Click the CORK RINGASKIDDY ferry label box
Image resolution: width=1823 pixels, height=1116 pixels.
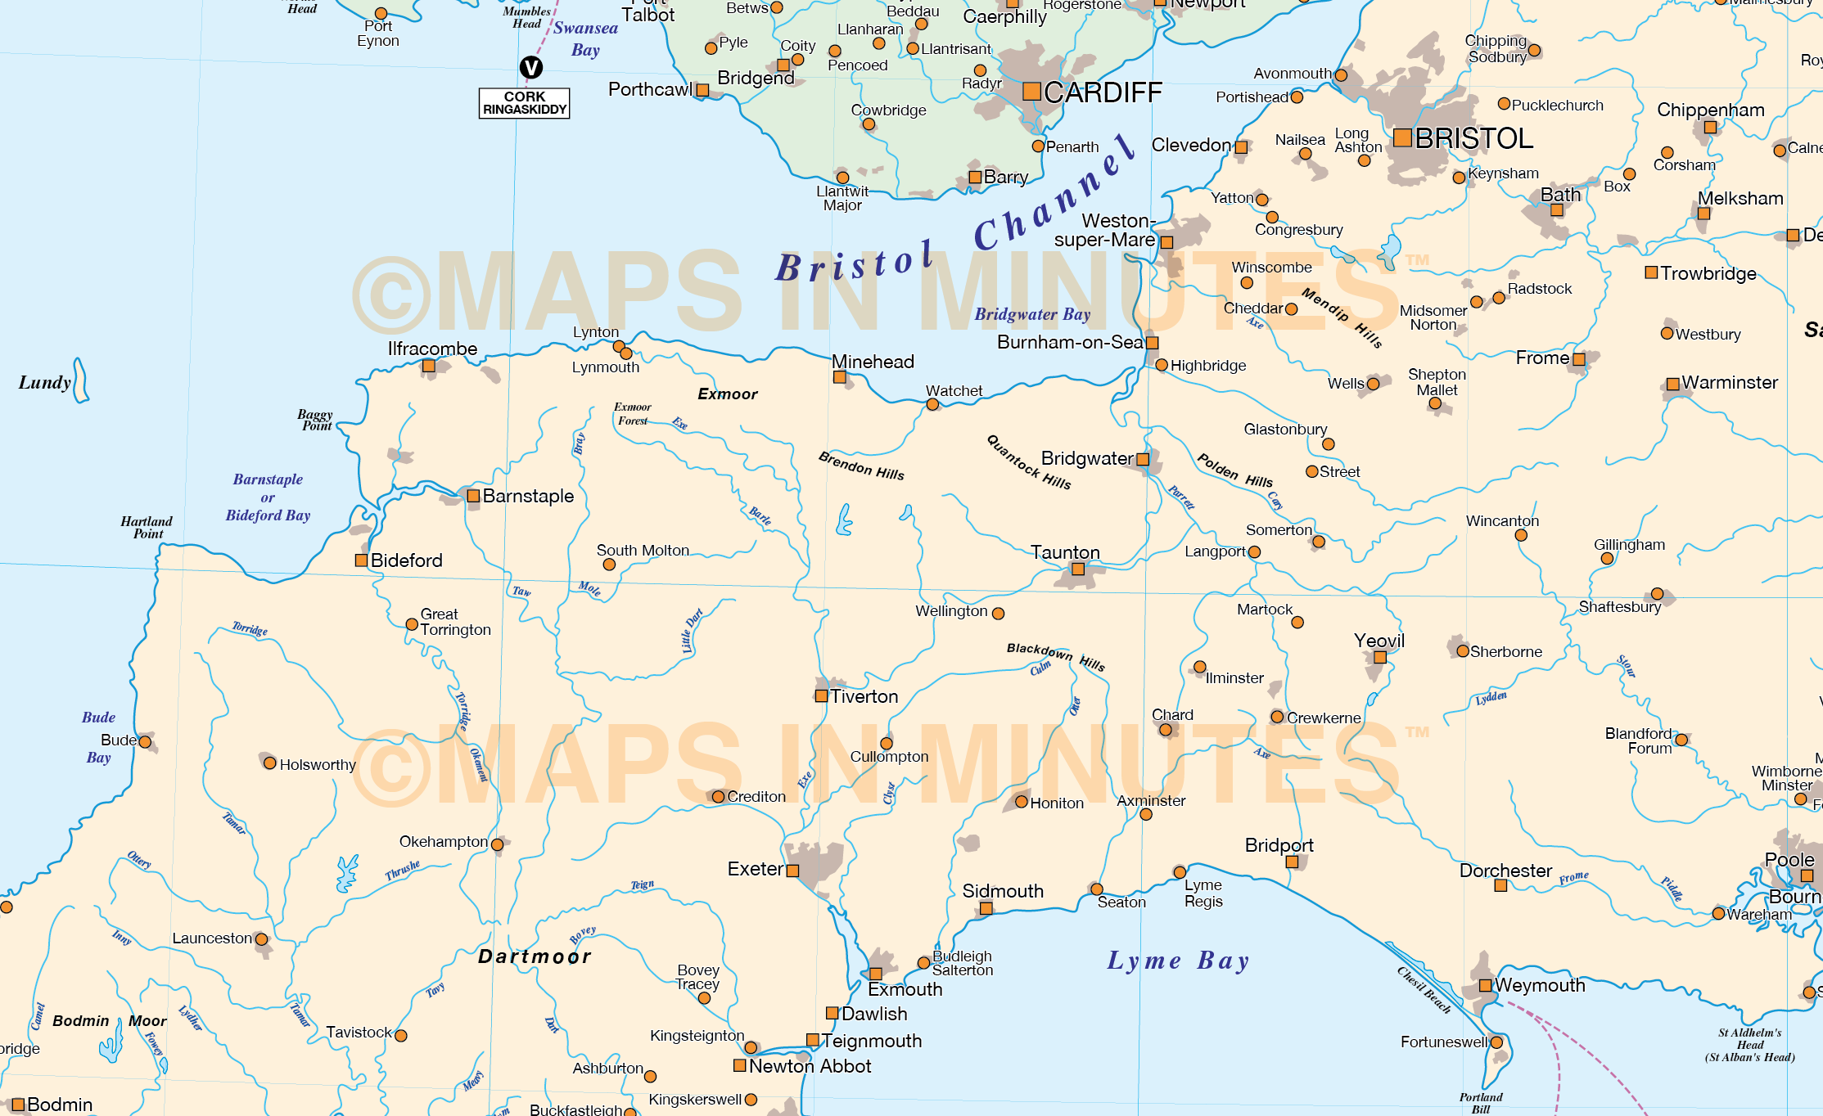pyautogui.click(x=524, y=103)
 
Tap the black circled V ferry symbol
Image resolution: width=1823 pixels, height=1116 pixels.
pyautogui.click(x=531, y=67)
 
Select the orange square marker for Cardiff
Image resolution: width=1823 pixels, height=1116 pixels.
pyautogui.click(x=1031, y=92)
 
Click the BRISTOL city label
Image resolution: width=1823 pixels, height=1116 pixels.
pyautogui.click(x=1473, y=138)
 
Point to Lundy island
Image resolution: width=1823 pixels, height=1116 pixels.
pyautogui.click(x=80, y=381)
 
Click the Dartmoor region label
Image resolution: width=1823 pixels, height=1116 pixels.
pyautogui.click(x=535, y=956)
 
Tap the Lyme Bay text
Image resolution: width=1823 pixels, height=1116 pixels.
pyautogui.click(x=1178, y=961)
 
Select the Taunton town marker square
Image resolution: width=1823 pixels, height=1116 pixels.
pyautogui.click(x=1078, y=569)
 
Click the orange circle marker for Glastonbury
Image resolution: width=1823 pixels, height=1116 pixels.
pyautogui.click(x=1329, y=444)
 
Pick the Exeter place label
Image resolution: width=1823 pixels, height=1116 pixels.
pyautogui.click(x=755, y=869)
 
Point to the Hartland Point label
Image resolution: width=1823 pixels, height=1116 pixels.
pyautogui.click(x=147, y=527)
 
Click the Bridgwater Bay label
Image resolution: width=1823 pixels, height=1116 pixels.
pyautogui.click(x=1032, y=314)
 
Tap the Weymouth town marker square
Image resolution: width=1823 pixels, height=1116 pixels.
pyautogui.click(x=1485, y=985)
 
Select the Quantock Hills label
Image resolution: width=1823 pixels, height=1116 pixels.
pyautogui.click(x=1029, y=462)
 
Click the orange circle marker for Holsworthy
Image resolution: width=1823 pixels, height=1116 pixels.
pyautogui.click(x=269, y=763)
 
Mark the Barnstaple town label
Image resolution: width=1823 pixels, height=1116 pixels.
pyautogui.click(x=528, y=496)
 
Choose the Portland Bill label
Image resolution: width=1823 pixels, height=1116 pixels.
pyautogui.click(x=1480, y=1103)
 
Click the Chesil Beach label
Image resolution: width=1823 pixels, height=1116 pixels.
pyautogui.click(x=1424, y=990)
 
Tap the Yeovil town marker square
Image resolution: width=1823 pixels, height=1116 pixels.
pyautogui.click(x=1380, y=657)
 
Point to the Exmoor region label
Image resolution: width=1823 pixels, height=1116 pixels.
pyautogui.click(x=727, y=394)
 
